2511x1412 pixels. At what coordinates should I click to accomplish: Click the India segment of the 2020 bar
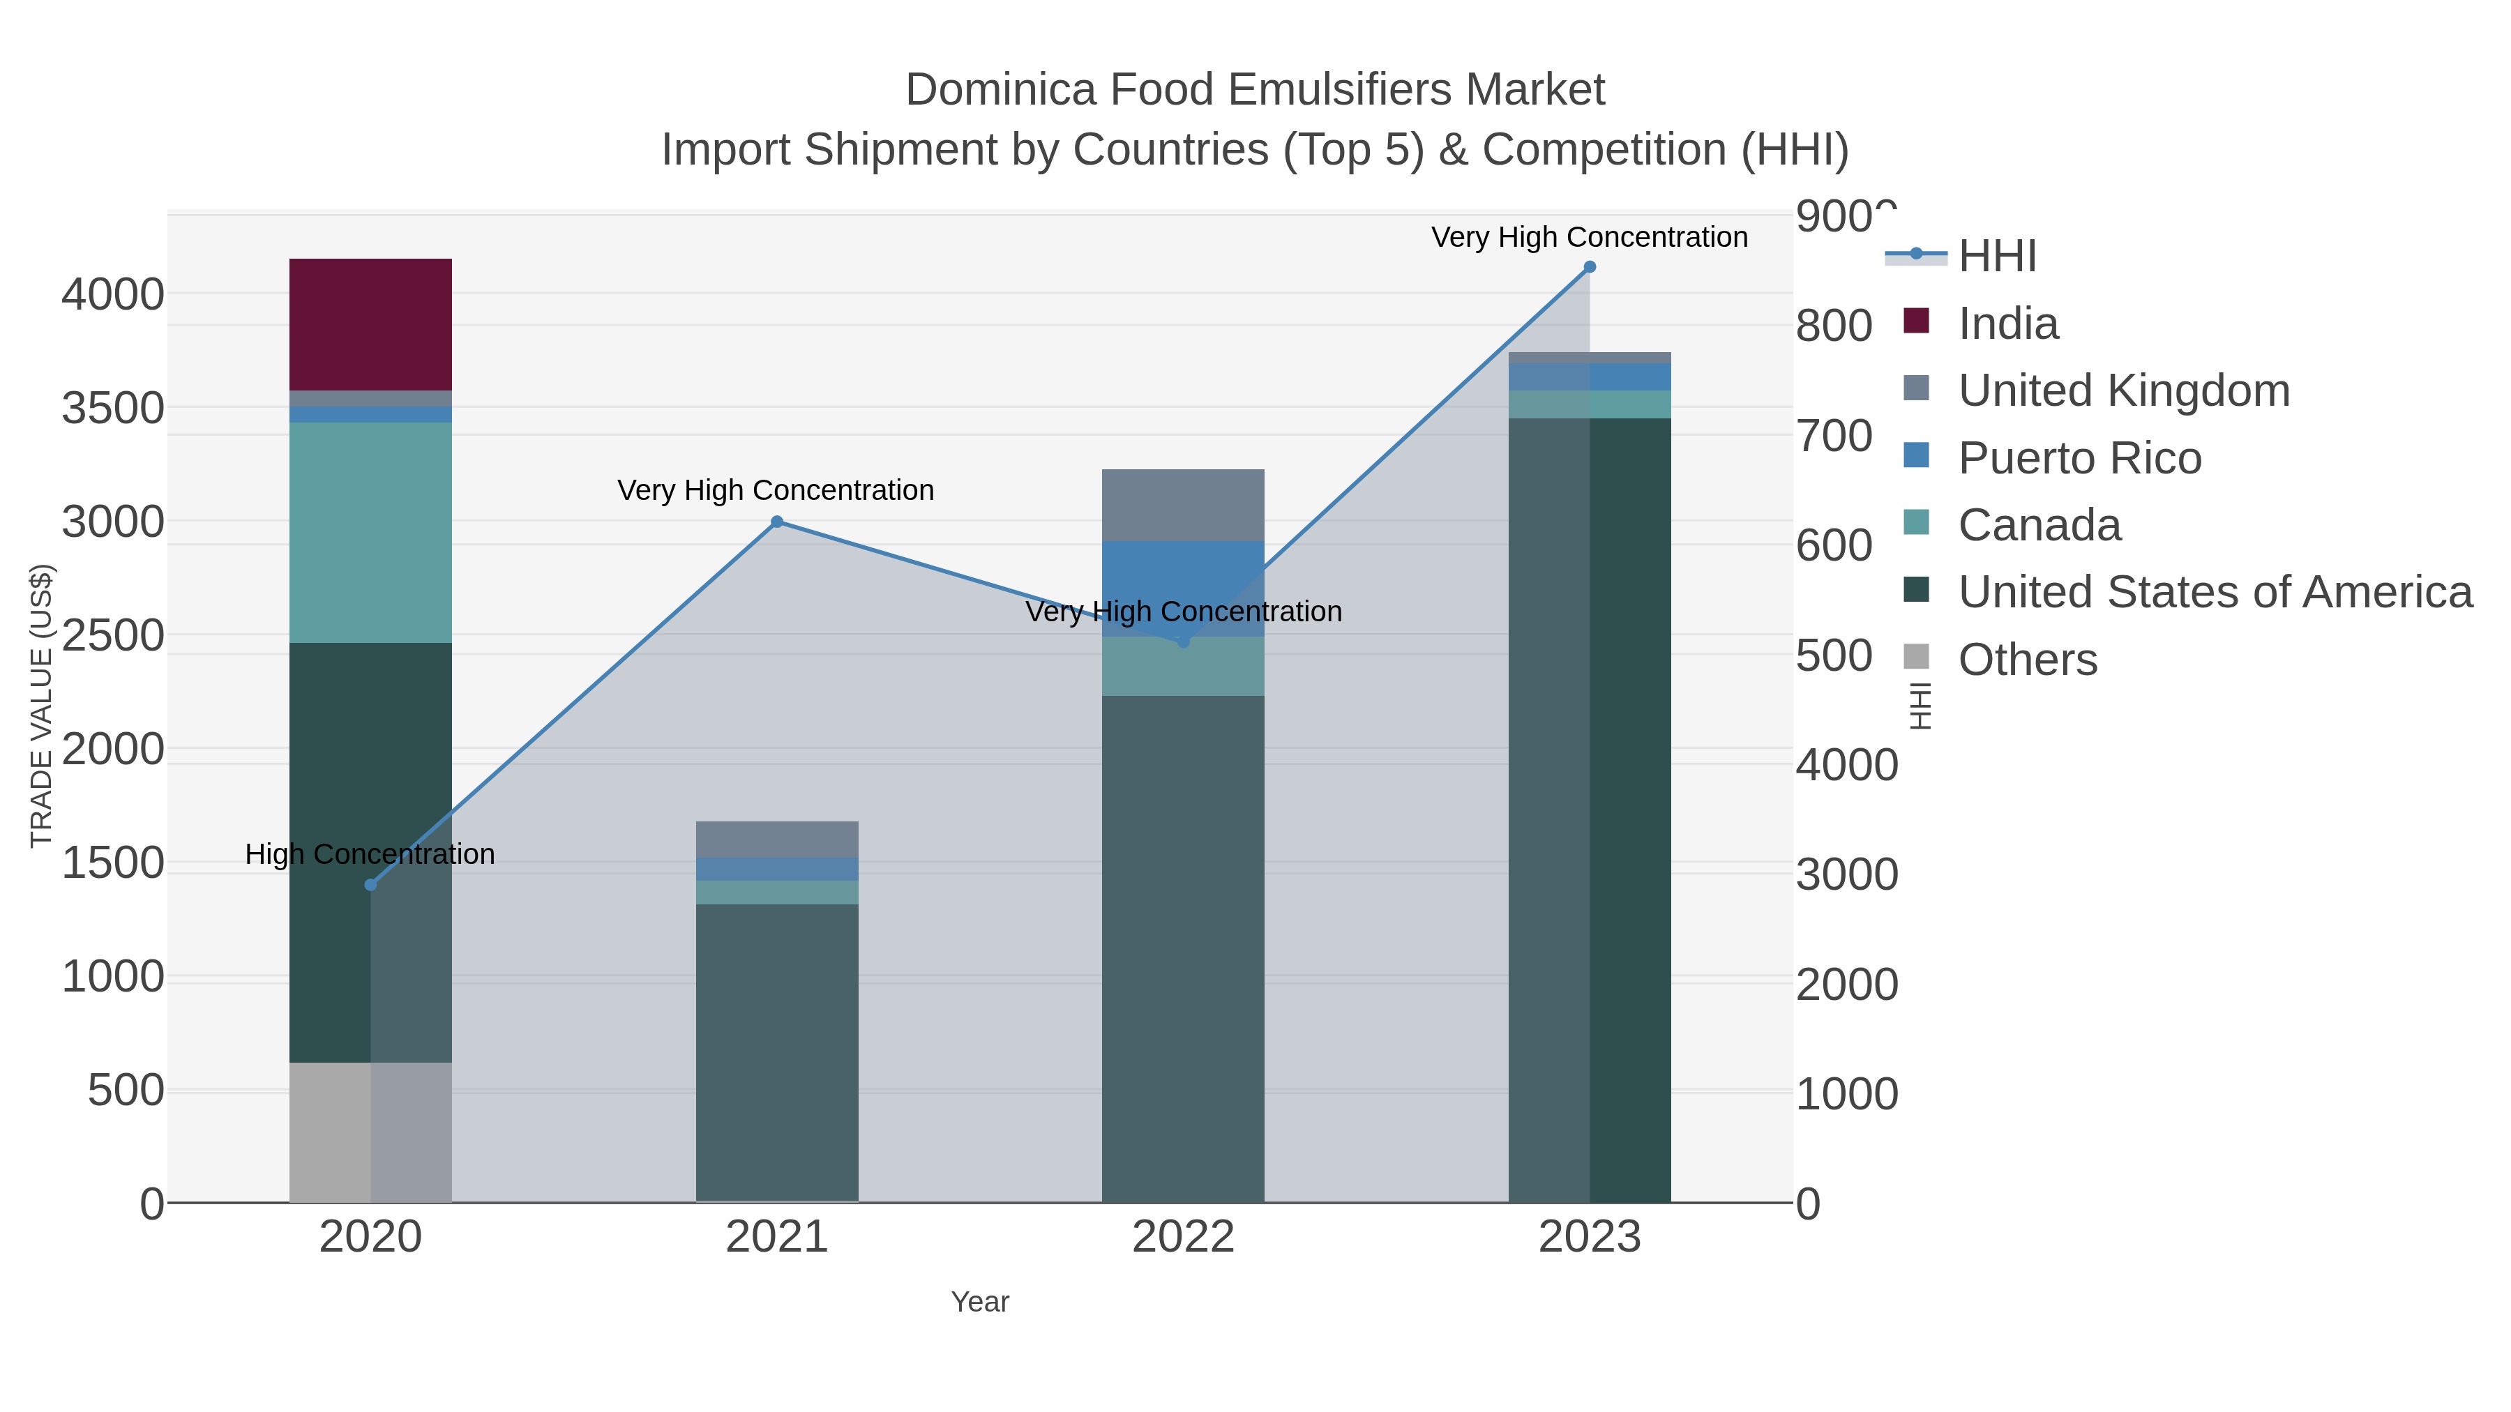[x=370, y=324]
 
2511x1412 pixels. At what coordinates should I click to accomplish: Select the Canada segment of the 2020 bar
[x=370, y=532]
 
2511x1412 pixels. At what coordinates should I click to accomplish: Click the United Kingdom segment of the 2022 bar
[x=1182, y=505]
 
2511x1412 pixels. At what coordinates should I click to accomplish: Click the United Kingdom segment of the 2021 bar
[x=777, y=839]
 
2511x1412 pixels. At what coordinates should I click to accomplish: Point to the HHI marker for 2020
[x=370, y=885]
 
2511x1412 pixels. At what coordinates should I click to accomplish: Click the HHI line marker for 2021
[x=777, y=522]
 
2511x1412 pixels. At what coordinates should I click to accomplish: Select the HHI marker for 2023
[x=1590, y=267]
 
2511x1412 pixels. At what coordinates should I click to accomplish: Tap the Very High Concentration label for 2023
[x=1589, y=238]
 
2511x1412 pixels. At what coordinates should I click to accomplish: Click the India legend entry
[x=2008, y=324]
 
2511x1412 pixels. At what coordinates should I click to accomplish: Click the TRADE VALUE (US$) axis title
[x=41, y=706]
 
